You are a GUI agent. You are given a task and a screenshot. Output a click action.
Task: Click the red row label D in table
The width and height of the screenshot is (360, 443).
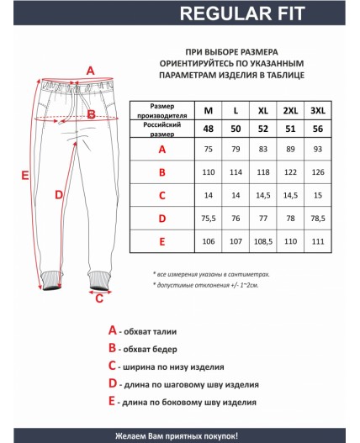pos(161,219)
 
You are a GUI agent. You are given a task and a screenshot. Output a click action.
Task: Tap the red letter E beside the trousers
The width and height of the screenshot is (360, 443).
pos(25,175)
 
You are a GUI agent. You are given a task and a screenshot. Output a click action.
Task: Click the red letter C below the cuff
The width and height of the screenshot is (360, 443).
pos(99,297)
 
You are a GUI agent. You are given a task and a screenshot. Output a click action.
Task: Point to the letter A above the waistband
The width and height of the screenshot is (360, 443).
pos(90,71)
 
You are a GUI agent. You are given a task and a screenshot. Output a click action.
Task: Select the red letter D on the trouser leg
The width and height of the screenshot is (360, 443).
pos(58,195)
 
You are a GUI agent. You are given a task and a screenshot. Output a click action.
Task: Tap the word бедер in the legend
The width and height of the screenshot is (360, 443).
pos(172,349)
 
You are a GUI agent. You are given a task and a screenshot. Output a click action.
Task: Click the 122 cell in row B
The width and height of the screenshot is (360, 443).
pos(290,172)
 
